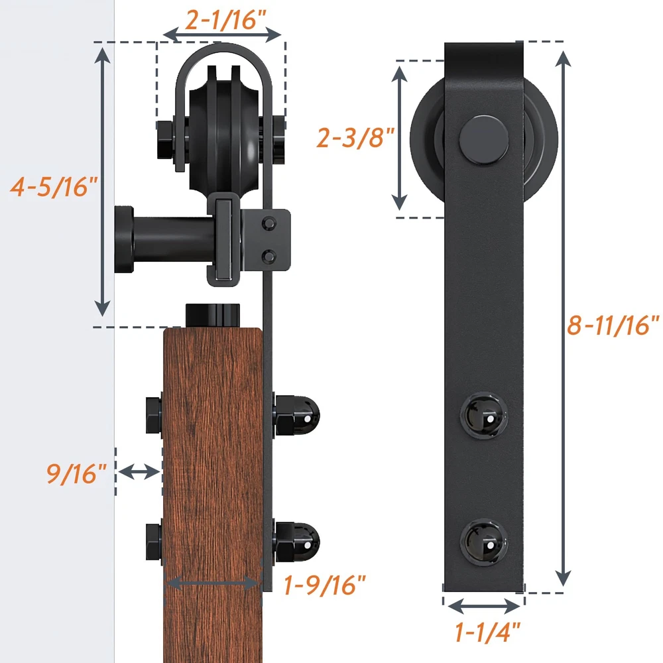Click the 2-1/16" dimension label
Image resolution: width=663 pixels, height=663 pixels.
click(x=225, y=19)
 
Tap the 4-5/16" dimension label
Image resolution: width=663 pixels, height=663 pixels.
click(x=54, y=187)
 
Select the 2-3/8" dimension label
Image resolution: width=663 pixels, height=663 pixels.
click(x=355, y=138)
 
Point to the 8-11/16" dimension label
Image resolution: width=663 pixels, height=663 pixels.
click(x=613, y=325)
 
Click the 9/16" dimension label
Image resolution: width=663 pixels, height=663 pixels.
click(x=76, y=473)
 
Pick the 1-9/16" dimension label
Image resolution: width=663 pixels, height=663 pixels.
click(x=324, y=585)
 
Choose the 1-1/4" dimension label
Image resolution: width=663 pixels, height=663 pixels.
click(x=487, y=632)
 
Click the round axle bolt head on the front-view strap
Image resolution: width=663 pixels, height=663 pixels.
click(x=484, y=139)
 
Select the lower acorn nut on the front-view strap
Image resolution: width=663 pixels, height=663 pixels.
click(x=484, y=542)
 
